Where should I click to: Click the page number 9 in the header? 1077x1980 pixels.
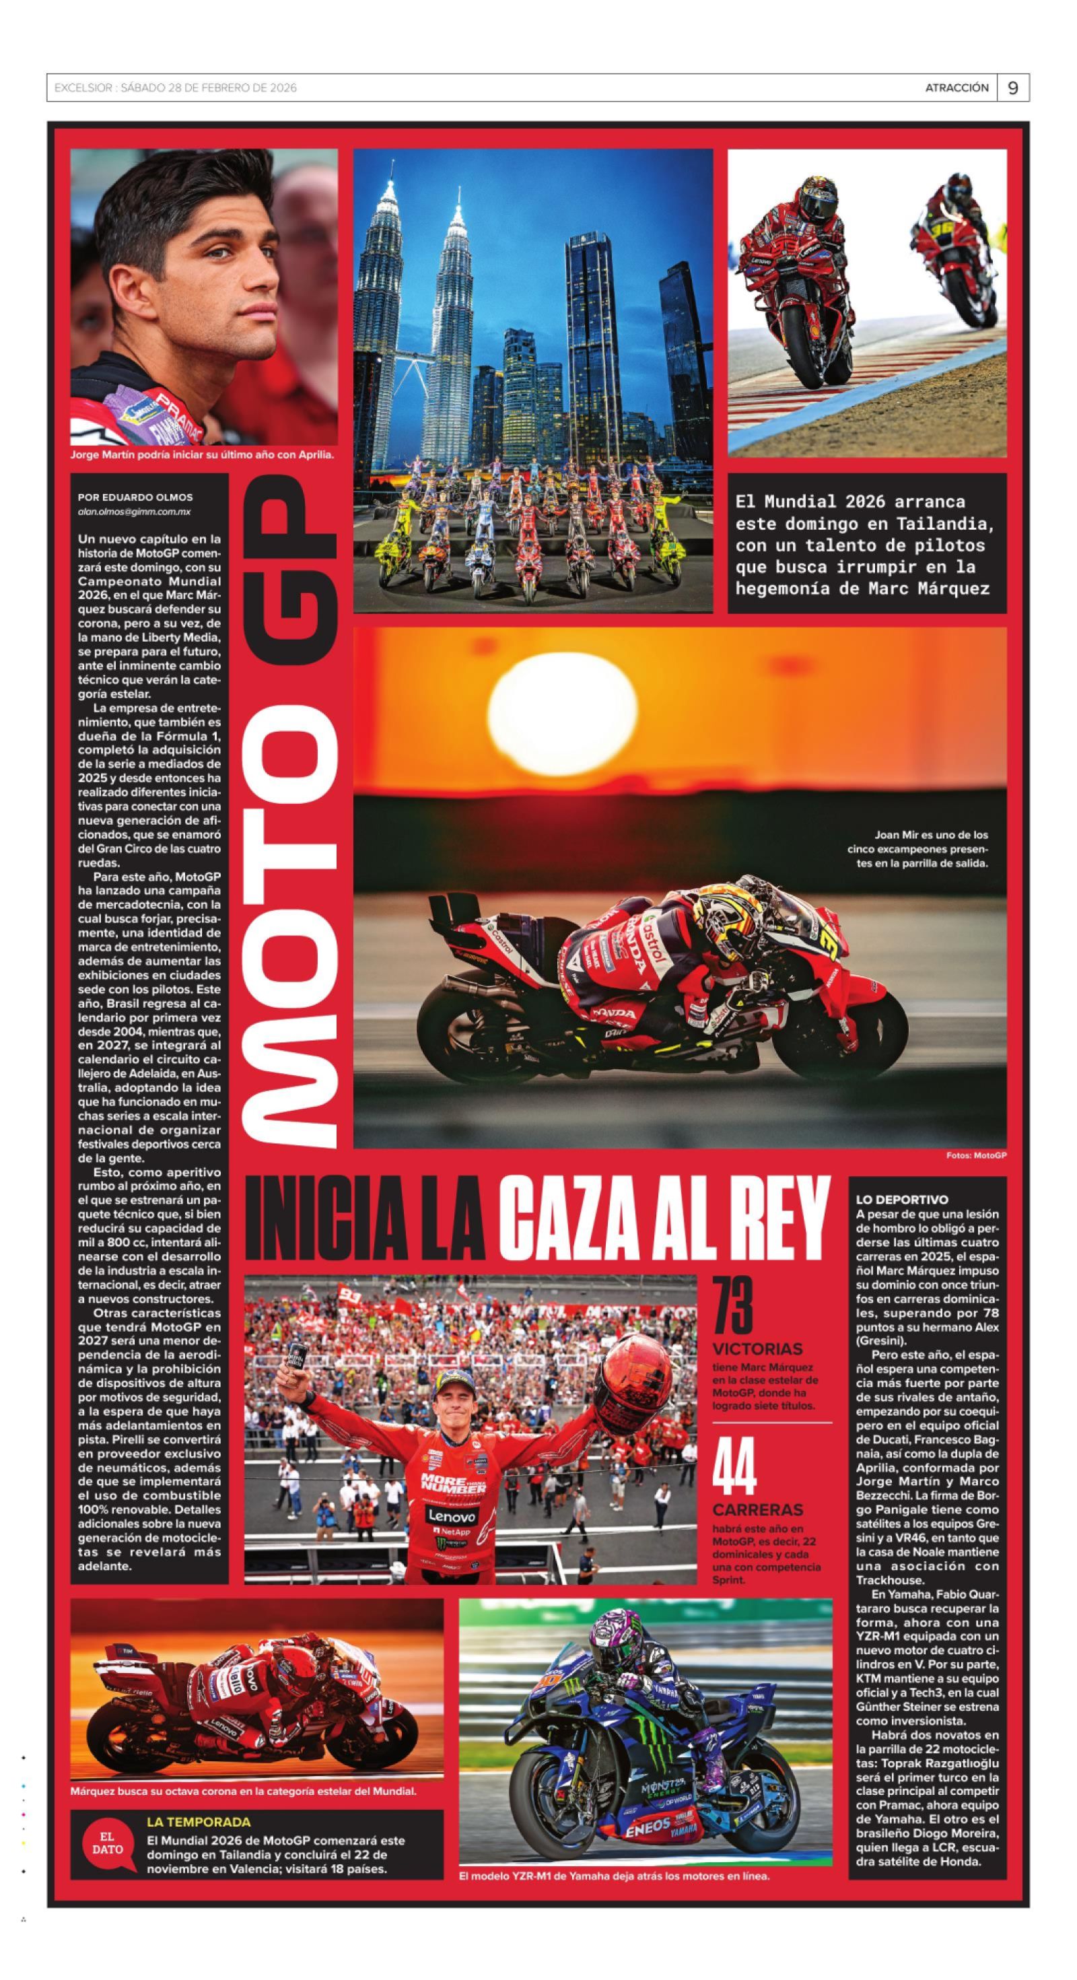1012,88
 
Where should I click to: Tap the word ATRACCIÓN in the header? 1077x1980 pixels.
957,88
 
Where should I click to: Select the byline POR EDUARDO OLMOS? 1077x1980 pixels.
135,498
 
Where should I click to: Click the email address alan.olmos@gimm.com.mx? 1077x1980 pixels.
134,511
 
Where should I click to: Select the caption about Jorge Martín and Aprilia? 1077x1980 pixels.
201,454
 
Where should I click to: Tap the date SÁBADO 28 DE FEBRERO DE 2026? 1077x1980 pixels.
208,88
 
